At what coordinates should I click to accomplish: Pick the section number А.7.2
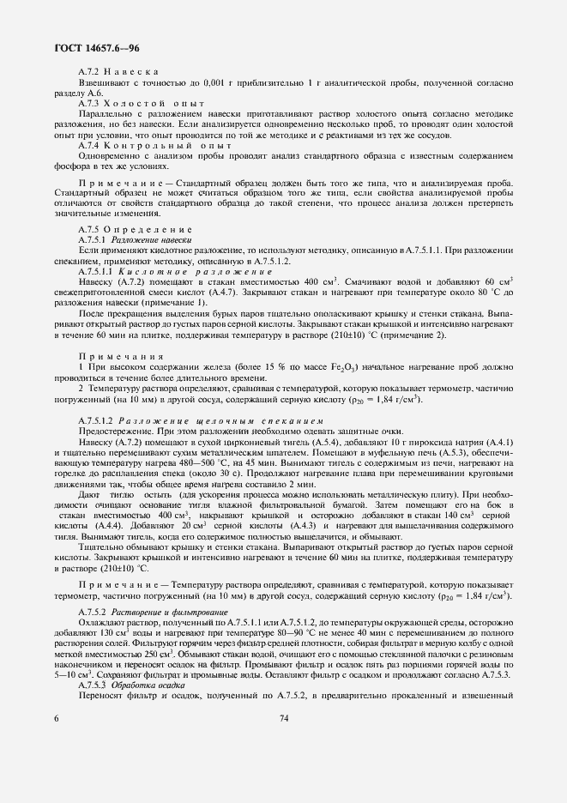pyautogui.click(x=90, y=70)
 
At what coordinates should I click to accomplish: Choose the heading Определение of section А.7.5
pyautogui.click(x=147, y=230)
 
